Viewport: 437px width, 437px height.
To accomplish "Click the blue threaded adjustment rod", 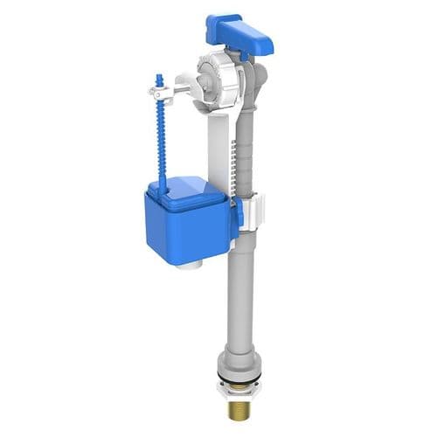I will tap(160, 140).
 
